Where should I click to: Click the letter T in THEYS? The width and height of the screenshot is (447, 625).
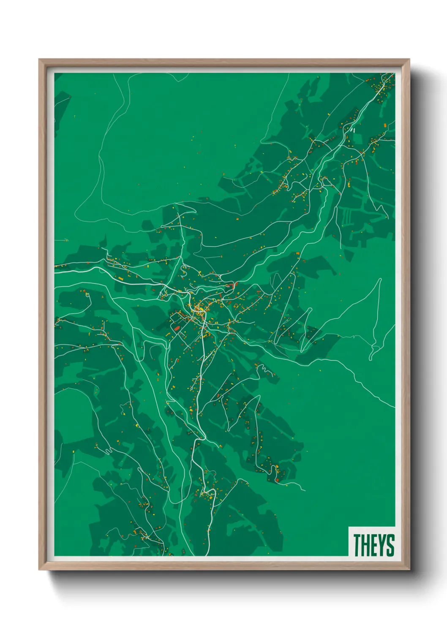tap(357, 545)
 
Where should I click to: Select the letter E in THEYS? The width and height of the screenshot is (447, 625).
tap(373, 545)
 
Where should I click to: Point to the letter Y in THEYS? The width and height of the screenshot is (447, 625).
tap(381, 545)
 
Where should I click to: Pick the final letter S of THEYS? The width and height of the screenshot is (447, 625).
tap(390, 545)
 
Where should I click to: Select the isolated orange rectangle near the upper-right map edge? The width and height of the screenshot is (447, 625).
tap(385, 125)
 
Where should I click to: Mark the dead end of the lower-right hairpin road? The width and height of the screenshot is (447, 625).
tap(304, 490)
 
